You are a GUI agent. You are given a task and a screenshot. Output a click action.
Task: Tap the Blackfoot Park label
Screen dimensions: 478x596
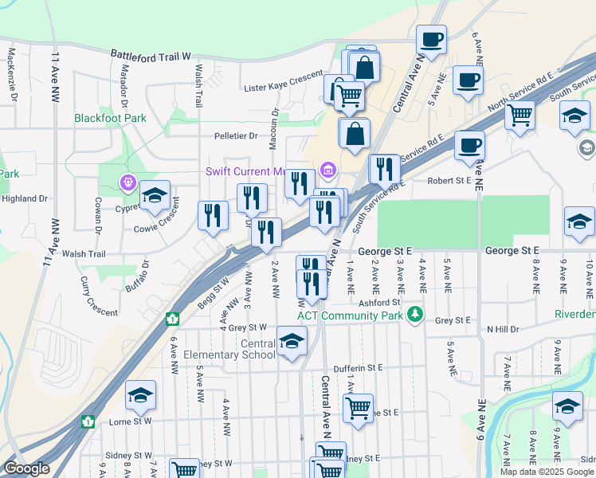click(111, 118)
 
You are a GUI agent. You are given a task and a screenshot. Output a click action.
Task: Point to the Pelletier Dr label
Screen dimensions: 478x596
click(235, 135)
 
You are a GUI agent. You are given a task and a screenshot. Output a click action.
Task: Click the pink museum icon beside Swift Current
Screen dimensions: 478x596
click(327, 170)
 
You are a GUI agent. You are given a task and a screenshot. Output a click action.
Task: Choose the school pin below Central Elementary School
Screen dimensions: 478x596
click(292, 342)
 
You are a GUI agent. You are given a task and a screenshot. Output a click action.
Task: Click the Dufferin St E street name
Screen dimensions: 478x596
click(358, 368)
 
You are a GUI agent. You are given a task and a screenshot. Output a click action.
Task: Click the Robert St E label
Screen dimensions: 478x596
click(449, 181)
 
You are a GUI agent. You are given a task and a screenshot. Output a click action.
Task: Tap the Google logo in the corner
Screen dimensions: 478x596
click(27, 468)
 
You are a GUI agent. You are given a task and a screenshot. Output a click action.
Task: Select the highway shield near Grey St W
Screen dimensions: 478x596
click(171, 319)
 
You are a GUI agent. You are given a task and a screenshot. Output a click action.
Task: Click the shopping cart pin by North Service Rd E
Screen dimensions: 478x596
click(520, 116)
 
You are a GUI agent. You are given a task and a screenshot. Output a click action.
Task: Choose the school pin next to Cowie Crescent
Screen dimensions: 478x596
click(155, 196)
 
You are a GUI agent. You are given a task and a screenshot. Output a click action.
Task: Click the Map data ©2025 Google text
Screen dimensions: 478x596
click(547, 472)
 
